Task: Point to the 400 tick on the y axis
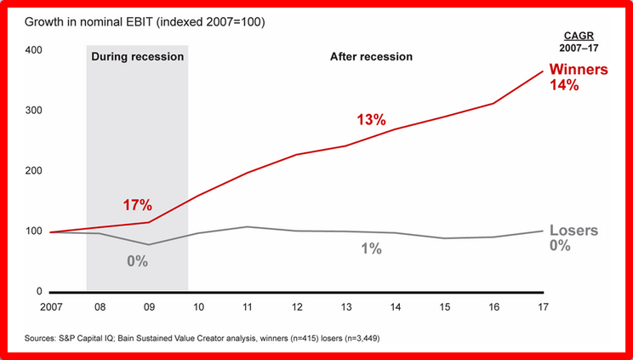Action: click(34, 50)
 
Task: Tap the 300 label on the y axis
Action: click(34, 111)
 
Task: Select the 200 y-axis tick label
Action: click(34, 171)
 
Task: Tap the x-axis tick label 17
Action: click(542, 305)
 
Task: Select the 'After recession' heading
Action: click(370, 56)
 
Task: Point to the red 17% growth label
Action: click(136, 205)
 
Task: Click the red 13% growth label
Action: click(371, 120)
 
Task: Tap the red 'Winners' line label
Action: click(579, 70)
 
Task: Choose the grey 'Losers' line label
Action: click(573, 231)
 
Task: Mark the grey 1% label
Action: click(370, 249)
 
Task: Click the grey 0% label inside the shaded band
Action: click(137, 261)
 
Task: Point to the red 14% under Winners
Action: click(563, 85)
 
